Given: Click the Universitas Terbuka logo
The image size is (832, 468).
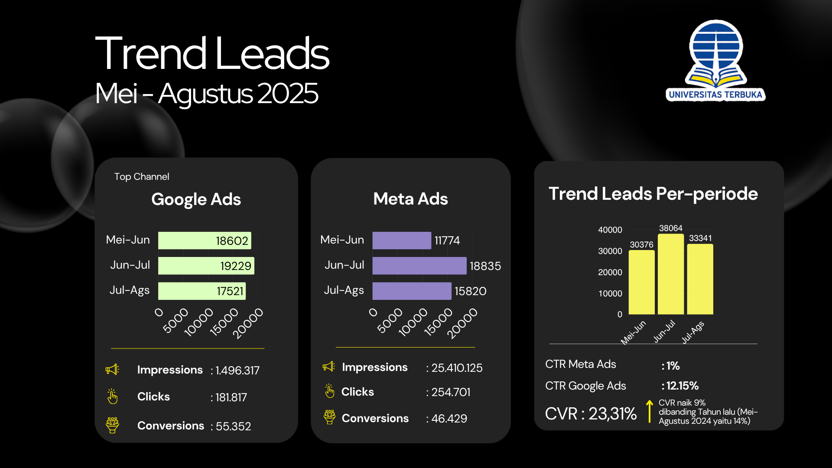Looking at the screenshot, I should point(716,61).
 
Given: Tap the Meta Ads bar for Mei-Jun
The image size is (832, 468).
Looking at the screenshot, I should point(401,240).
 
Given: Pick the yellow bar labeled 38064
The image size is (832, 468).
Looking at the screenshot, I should point(670,274).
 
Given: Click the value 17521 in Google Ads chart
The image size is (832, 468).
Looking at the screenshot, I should point(230,291).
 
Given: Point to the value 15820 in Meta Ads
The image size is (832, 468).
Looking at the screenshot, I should point(470,291).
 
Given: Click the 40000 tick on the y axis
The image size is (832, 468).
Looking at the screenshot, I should point(610,230).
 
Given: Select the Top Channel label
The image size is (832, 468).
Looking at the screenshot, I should point(142,177).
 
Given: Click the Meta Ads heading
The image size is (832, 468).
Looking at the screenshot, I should point(410,199).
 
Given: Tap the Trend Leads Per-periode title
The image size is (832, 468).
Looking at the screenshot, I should point(653,194).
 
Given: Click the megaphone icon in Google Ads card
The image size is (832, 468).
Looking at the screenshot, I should point(112,370).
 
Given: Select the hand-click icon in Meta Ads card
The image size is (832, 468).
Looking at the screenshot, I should point(330,391).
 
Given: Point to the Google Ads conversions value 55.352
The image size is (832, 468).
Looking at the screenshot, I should point(233,426).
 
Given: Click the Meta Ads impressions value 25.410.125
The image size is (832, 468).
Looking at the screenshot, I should point(457,368).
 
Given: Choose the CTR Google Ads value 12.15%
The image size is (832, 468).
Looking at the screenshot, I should point(682,386).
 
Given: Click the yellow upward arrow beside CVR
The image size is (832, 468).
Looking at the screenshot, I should point(649,411).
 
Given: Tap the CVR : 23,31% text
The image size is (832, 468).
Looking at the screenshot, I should point(591,414).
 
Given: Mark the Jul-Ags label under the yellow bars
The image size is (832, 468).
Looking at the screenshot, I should point(693,332).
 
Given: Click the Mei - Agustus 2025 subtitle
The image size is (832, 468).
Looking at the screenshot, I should point(207,94).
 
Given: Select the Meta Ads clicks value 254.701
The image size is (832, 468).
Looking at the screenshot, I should point(451,392).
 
